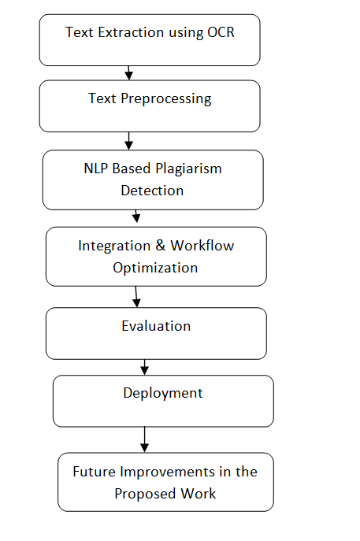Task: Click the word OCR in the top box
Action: click(x=221, y=32)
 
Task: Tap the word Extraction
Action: click(x=131, y=32)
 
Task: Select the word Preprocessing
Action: click(x=166, y=99)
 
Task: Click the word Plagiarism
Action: click(x=188, y=169)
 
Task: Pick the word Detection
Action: click(x=152, y=191)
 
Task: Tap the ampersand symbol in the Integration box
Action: click(x=160, y=246)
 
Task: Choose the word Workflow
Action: click(x=202, y=246)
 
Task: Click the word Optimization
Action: click(x=155, y=268)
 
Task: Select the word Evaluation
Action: click(x=156, y=326)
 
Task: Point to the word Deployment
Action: click(x=163, y=394)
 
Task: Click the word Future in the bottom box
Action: click(x=94, y=472)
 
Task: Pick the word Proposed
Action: click(x=145, y=495)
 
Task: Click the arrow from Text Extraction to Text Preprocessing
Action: click(x=128, y=72)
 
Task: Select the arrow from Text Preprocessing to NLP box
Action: click(x=128, y=141)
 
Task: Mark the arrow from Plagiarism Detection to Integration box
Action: click(x=136, y=216)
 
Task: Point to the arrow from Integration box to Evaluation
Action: click(x=136, y=297)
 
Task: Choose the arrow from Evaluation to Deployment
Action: click(x=145, y=367)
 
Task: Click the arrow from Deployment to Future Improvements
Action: click(x=145, y=439)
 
